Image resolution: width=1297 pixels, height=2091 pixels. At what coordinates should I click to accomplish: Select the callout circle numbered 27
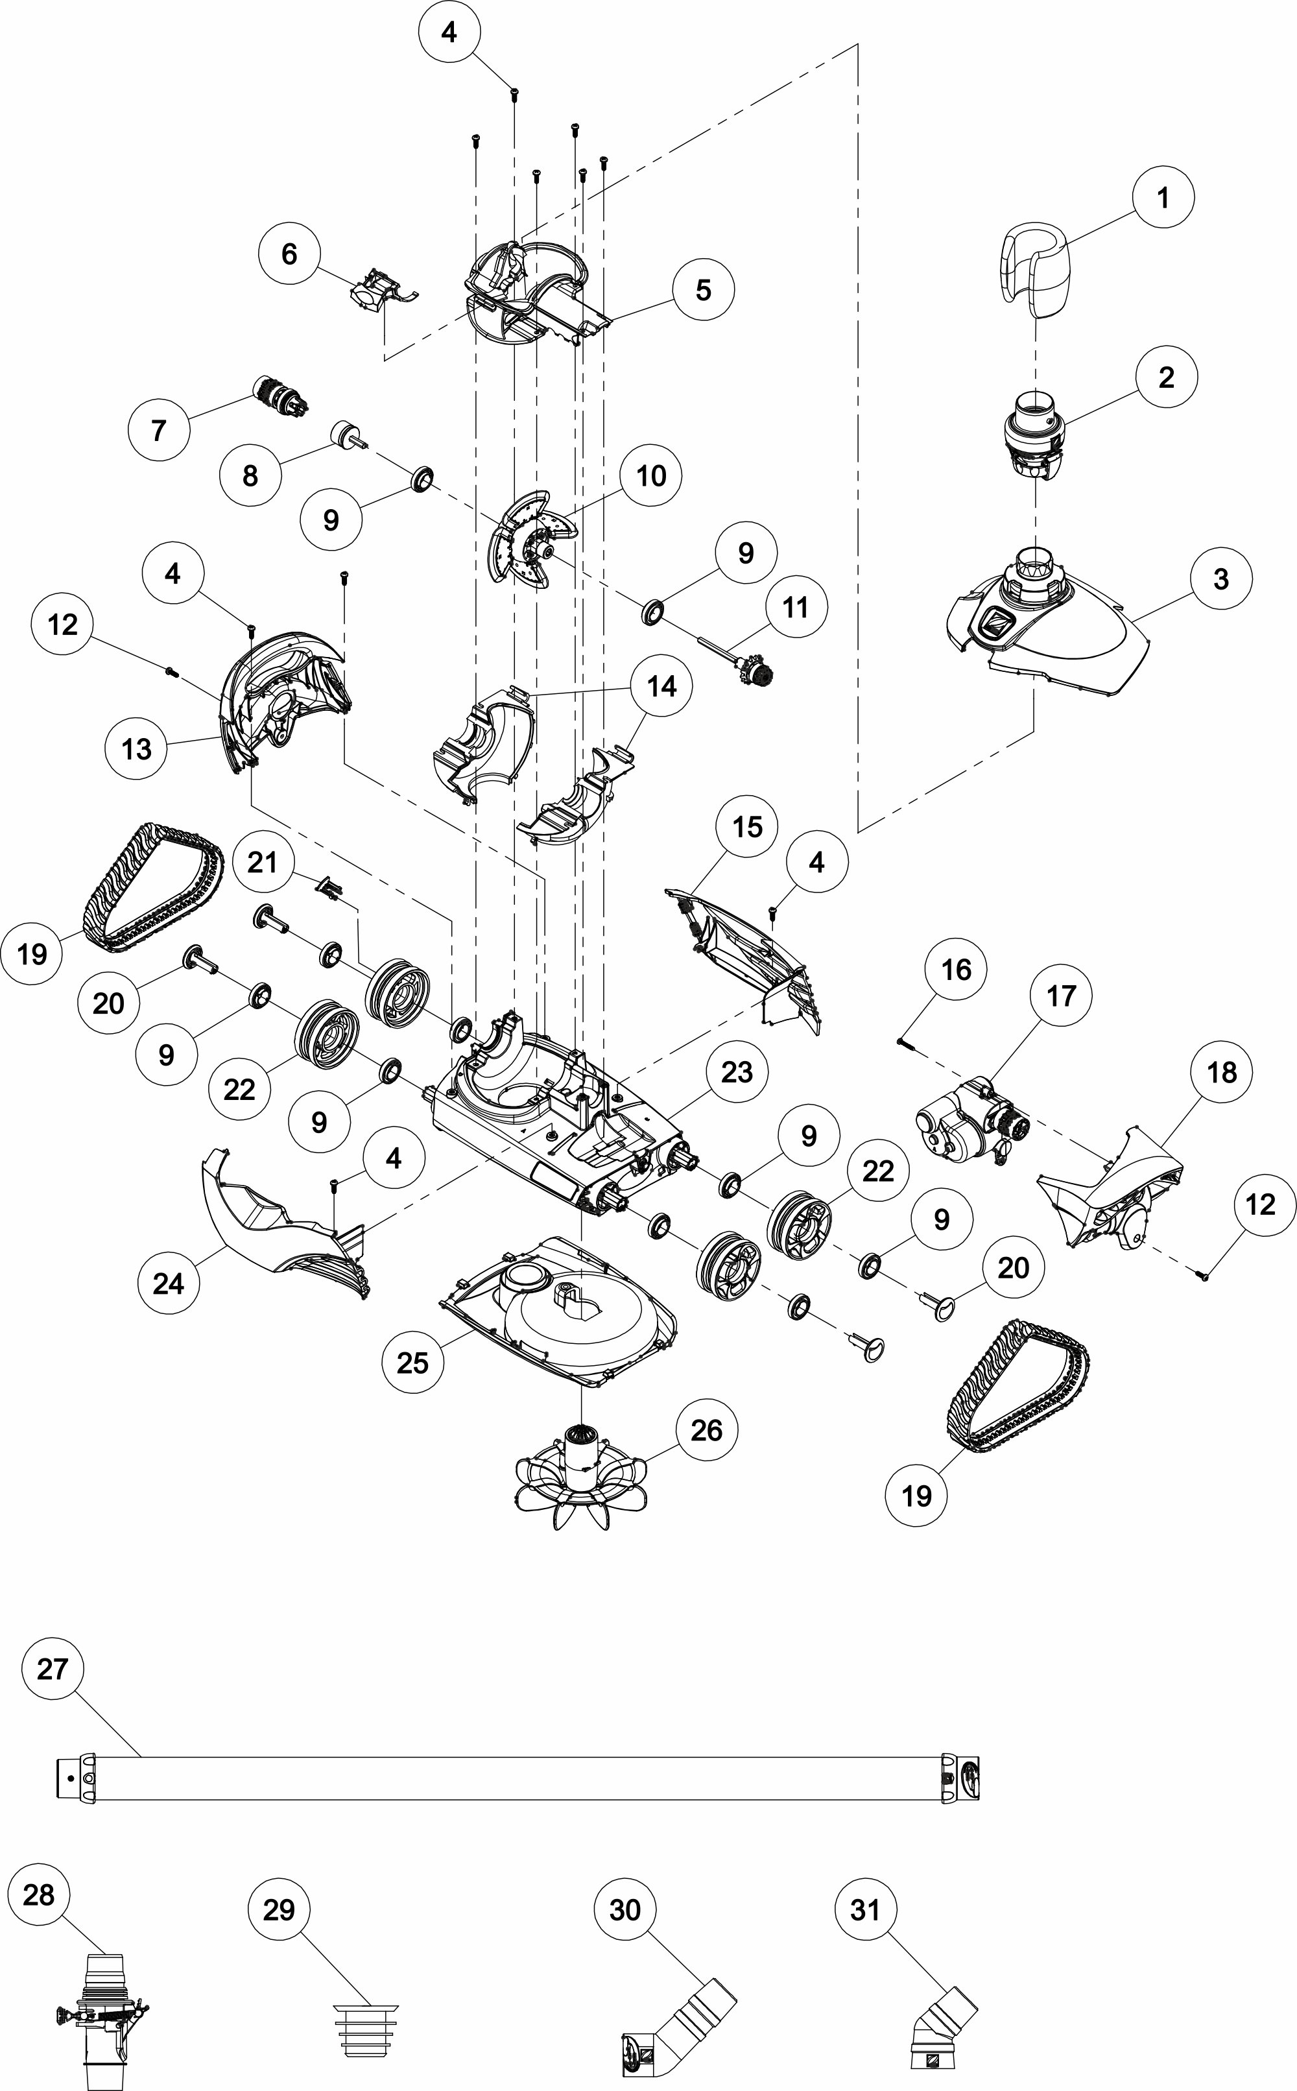coord(53,1668)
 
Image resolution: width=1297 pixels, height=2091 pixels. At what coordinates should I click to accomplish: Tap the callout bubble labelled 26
coord(706,1429)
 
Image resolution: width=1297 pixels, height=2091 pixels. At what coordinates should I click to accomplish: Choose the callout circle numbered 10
coord(651,475)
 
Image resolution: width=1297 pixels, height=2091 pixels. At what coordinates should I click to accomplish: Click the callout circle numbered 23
coord(737,1071)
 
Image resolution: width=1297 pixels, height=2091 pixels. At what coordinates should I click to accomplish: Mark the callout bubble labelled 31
coord(864,1909)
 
